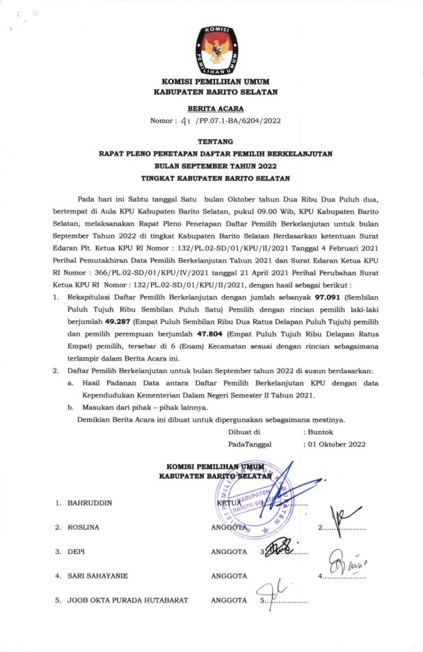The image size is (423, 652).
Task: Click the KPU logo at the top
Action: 214,49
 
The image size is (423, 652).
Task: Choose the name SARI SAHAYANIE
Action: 97,576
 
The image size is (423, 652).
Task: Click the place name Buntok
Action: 321,431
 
